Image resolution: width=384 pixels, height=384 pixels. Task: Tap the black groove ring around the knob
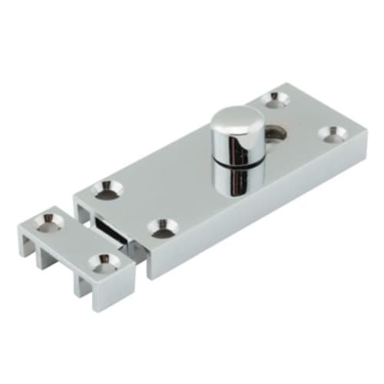pyautogui.click(x=233, y=161)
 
